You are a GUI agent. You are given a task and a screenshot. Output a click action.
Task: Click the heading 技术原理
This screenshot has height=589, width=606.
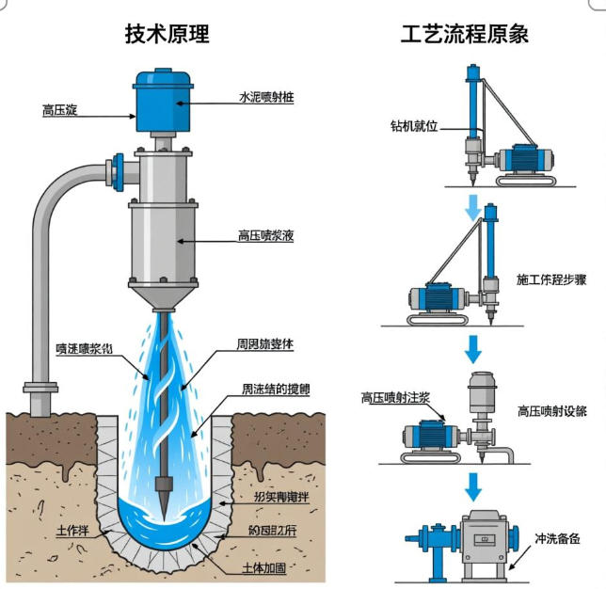point(167,35)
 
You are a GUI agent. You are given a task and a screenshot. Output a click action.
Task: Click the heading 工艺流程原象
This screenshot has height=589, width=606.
point(465,35)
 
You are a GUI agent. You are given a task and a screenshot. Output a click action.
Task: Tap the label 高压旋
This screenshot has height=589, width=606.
point(59,110)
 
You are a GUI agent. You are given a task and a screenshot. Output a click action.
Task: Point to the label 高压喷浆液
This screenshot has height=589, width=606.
point(266,236)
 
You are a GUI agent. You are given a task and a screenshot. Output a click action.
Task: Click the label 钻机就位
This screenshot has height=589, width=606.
point(415,125)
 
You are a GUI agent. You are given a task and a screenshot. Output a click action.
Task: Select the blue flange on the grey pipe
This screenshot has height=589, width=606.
point(118,169)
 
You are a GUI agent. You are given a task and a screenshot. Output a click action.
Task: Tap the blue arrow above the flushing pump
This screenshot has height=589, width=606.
point(473,486)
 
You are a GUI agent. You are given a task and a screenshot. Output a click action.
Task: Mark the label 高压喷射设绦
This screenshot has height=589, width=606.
point(552,411)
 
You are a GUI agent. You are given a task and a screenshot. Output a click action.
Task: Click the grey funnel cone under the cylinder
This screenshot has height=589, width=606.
point(165,299)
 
